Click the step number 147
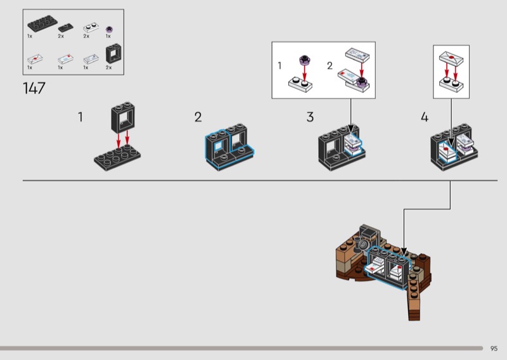click(34, 88)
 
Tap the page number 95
click(494, 348)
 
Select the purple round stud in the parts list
click(108, 28)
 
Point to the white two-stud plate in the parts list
click(89, 27)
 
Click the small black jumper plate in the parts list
click(63, 28)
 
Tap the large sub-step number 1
click(80, 117)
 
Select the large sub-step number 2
click(198, 117)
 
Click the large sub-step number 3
click(310, 117)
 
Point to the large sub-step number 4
click(424, 117)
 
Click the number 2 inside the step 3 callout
click(330, 65)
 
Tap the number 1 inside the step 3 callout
click(279, 65)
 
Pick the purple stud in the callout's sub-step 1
click(304, 61)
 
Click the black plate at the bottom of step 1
click(117, 156)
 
